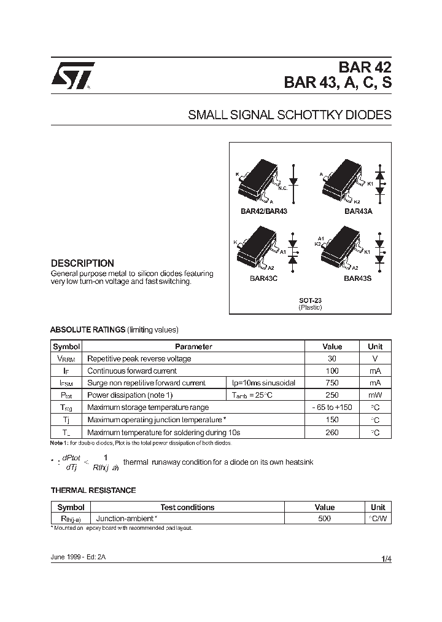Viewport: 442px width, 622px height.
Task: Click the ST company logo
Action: [72, 76]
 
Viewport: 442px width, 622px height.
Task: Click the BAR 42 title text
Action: [365, 68]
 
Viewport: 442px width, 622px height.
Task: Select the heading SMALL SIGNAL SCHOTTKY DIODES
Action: [289, 115]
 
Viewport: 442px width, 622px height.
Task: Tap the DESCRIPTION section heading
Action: [82, 263]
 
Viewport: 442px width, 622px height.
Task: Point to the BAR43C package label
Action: [263, 278]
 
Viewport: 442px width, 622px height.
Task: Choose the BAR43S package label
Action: [357, 278]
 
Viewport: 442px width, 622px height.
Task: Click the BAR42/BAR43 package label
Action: [263, 211]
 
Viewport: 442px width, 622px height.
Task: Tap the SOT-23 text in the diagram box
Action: [310, 300]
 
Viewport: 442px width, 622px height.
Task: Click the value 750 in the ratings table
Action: [332, 383]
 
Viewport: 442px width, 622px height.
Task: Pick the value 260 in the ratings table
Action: [332, 432]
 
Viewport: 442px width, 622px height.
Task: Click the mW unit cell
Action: [374, 395]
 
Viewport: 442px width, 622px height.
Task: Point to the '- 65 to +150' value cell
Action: [332, 407]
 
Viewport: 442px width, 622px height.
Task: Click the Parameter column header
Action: [193, 347]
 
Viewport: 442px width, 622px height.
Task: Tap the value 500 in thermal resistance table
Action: [324, 519]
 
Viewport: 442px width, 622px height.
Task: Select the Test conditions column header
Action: [187, 507]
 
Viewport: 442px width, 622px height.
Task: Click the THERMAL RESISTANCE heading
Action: [93, 490]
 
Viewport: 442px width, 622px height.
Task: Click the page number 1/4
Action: [386, 559]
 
